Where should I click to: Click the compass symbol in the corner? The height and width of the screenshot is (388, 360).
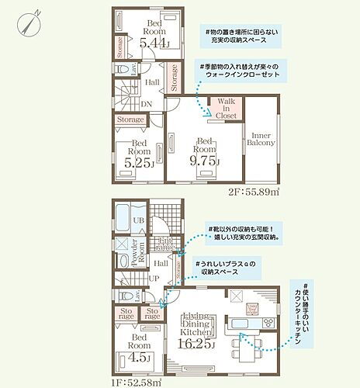[29, 20]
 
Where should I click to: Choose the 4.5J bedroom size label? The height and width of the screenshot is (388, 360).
[140, 358]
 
